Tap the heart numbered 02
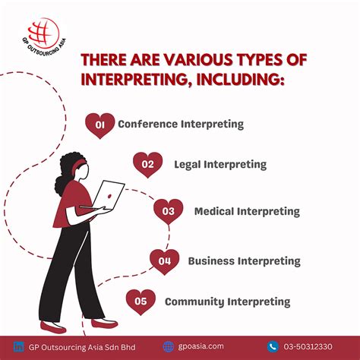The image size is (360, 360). click(147, 164)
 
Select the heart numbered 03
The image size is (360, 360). click(168, 211)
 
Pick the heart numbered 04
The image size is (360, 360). click(164, 261)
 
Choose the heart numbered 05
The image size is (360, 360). click(141, 302)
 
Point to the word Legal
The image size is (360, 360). click(189, 164)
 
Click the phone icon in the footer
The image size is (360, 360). click(273, 346)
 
